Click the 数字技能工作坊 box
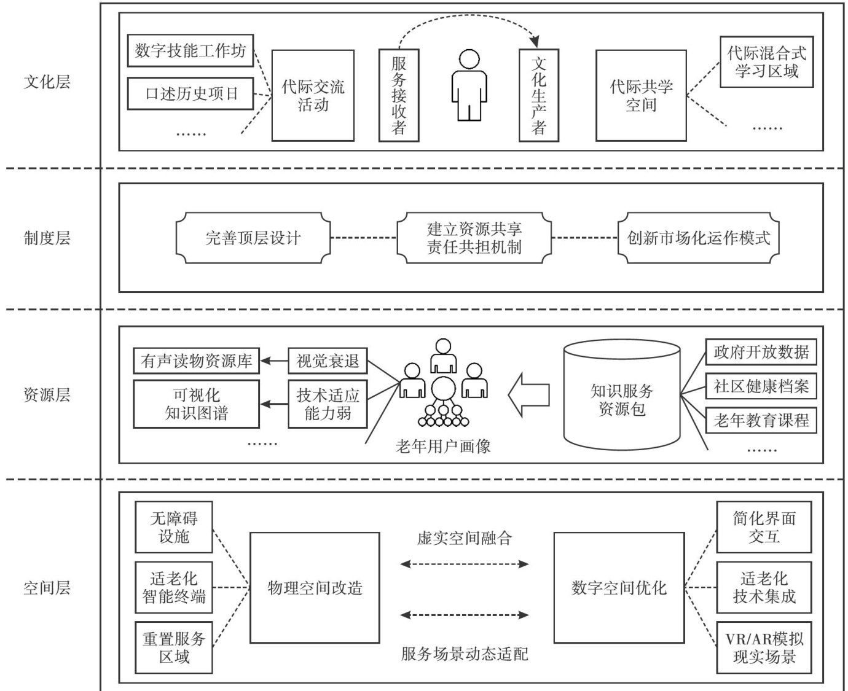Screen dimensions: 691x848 point(190,50)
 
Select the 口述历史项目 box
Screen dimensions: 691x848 point(190,94)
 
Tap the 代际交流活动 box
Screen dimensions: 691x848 point(313,95)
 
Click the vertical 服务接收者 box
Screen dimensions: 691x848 point(399,96)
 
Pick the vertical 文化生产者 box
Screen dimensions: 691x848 point(539,96)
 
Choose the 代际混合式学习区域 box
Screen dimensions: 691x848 point(766,61)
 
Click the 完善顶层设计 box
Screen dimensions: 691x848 point(253,238)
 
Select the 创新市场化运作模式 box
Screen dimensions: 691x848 point(699,238)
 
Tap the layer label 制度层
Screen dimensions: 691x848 point(47,238)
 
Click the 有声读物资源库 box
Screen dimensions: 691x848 point(197,361)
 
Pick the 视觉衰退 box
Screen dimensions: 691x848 point(328,361)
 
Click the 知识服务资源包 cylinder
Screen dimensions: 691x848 point(622,396)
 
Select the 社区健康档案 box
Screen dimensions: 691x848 point(761,386)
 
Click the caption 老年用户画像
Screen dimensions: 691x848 point(443,446)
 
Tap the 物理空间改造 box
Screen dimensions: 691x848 point(315,588)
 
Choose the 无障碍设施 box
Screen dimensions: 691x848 point(174,527)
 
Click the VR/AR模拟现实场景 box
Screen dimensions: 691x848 point(764,647)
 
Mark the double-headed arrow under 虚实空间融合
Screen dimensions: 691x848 point(465,564)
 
